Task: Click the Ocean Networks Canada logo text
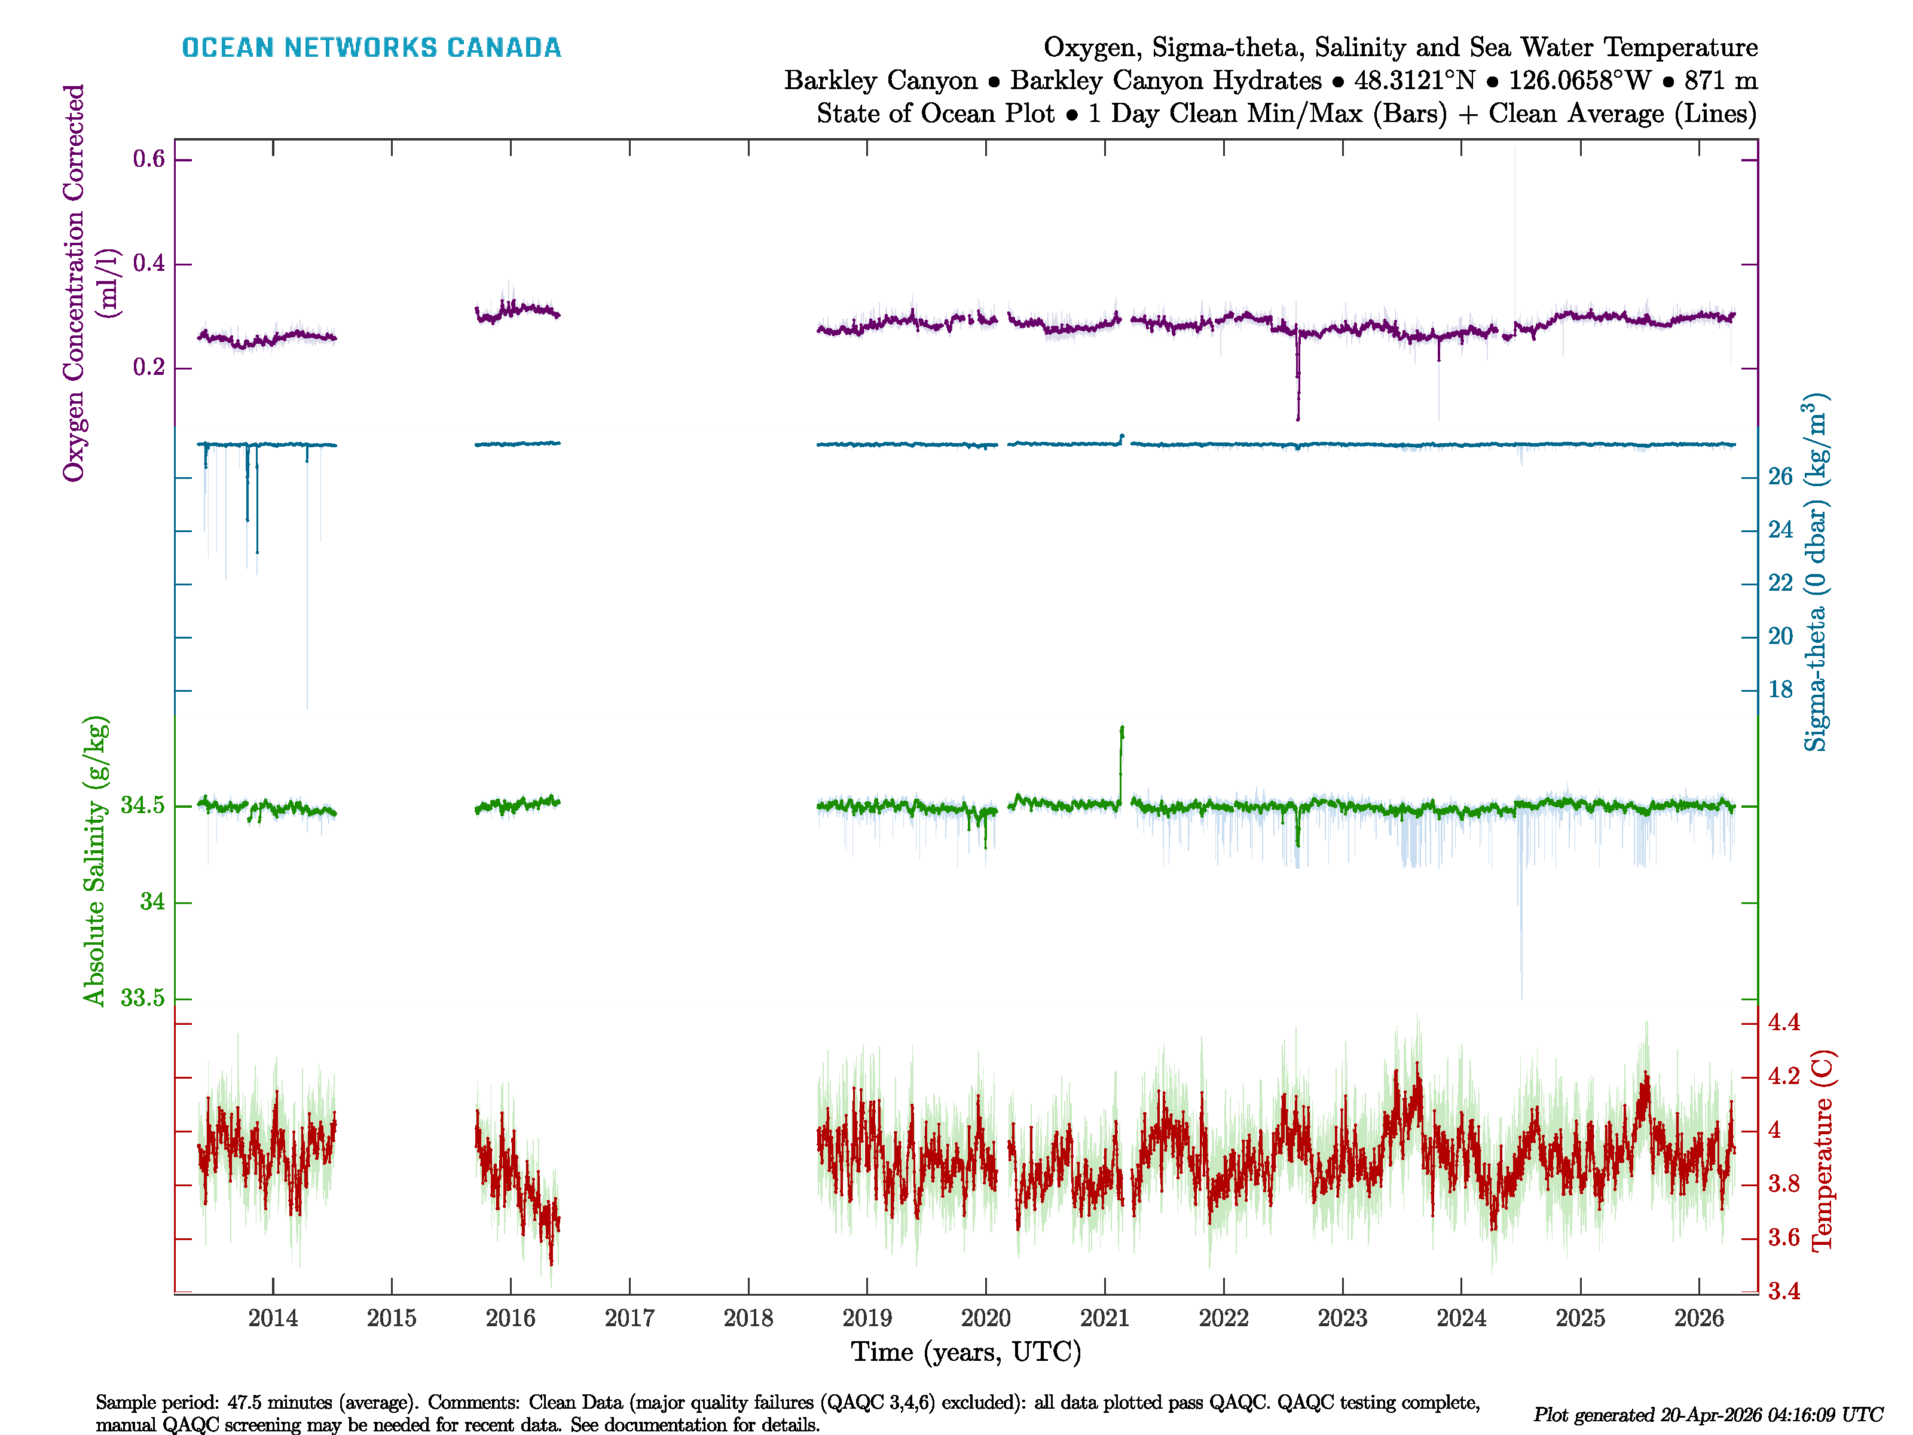(x=371, y=48)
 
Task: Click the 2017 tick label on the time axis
(x=629, y=1318)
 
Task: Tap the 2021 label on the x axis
(x=1104, y=1318)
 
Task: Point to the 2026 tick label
(x=1698, y=1318)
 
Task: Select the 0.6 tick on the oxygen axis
(x=149, y=159)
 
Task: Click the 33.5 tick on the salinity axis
(x=142, y=998)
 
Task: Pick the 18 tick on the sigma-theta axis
(x=1780, y=689)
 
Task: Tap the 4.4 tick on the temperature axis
(x=1783, y=1022)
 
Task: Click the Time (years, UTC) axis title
(x=966, y=1352)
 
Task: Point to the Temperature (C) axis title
(x=1822, y=1150)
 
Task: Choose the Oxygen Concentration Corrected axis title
(x=74, y=283)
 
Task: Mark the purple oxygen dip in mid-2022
(x=1297, y=381)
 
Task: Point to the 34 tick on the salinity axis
(x=152, y=902)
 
